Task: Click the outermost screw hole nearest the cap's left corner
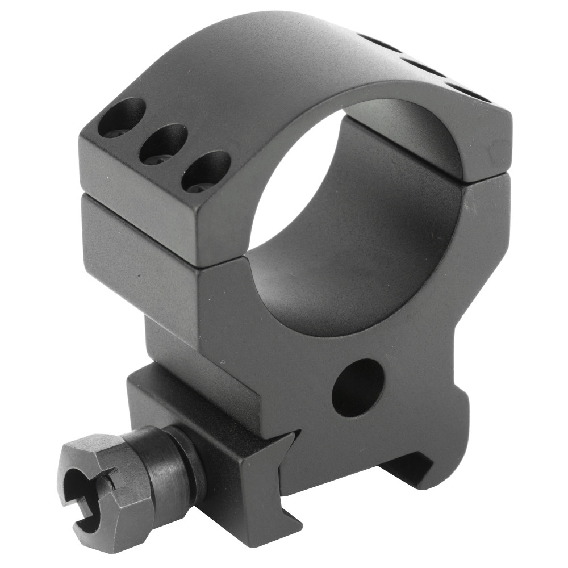coord(121,118)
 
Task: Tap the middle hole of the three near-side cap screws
coord(163,144)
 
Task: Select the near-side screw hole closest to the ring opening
coord(206,171)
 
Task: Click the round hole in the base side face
coord(358,388)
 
